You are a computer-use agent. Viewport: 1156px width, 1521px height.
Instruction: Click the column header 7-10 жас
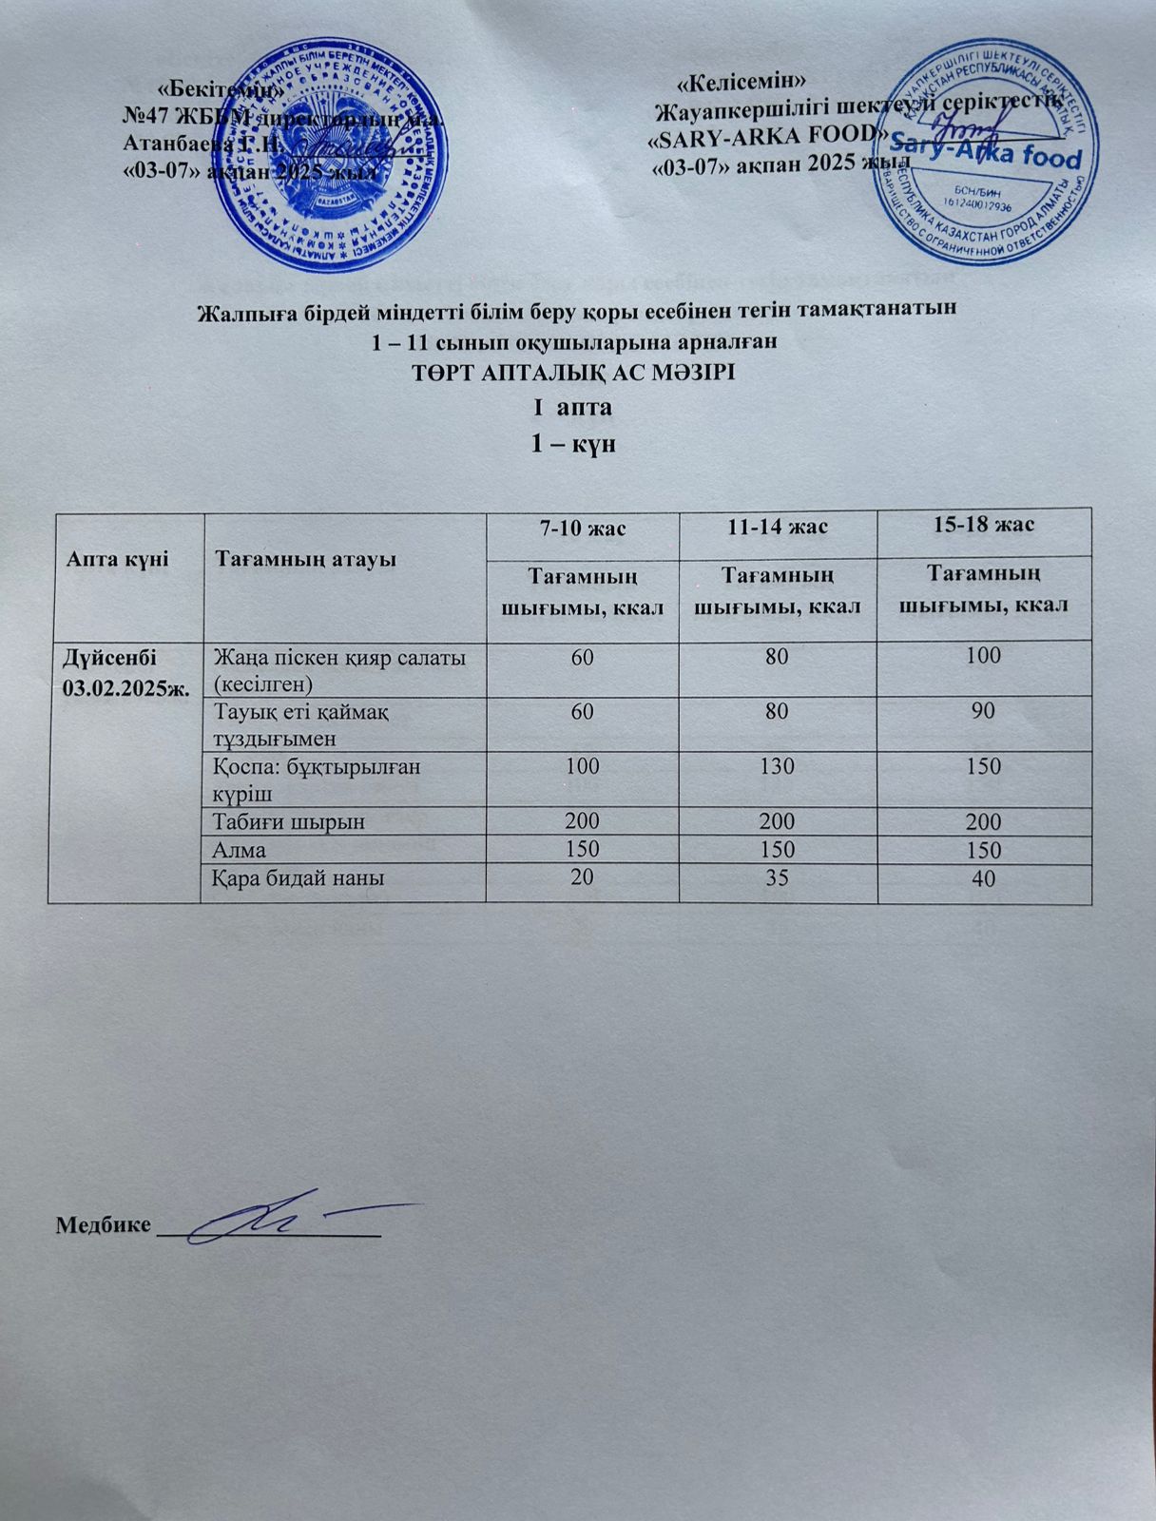coord(582,528)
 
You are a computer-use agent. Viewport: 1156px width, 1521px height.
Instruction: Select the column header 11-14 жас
coord(778,526)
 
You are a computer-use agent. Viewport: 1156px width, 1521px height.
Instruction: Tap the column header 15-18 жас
coord(983,524)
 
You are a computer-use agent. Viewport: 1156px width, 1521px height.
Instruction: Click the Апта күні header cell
coord(117,558)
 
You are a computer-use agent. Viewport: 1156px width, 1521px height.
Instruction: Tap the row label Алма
coord(241,851)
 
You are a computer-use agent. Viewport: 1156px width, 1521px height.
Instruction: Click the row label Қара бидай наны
coord(299,879)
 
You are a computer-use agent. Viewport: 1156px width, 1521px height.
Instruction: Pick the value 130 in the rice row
coord(778,766)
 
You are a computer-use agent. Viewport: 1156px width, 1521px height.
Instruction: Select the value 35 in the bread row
coord(778,878)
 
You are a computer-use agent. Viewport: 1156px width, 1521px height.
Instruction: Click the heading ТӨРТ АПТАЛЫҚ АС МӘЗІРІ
coord(573,374)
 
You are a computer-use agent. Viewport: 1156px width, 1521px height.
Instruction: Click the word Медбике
coord(103,1223)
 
